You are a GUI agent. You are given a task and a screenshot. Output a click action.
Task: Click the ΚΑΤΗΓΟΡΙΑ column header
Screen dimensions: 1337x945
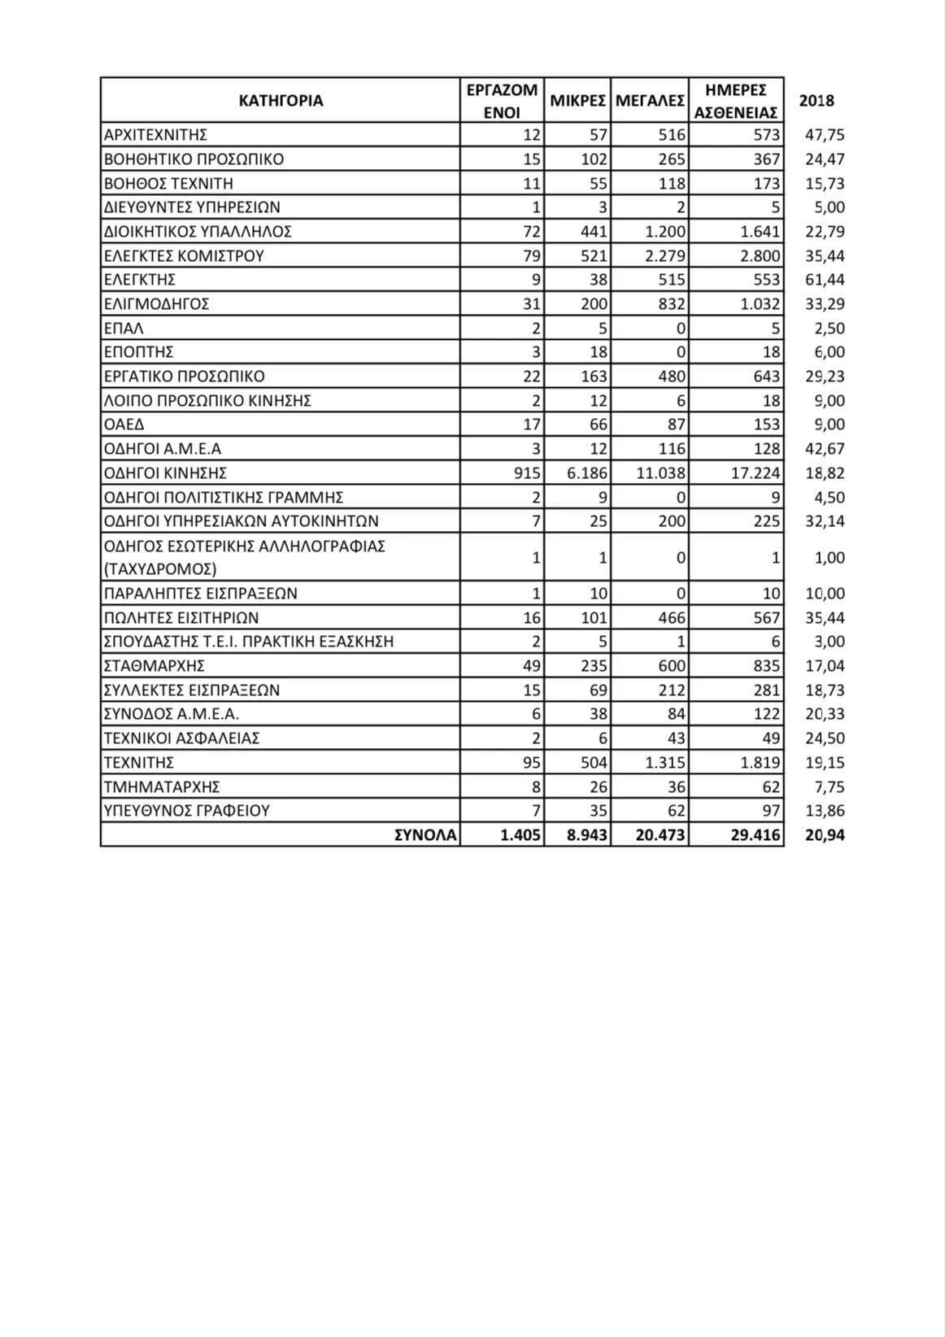pyautogui.click(x=281, y=101)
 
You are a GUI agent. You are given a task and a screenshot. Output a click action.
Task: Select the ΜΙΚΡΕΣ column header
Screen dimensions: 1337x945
pyautogui.click(x=577, y=101)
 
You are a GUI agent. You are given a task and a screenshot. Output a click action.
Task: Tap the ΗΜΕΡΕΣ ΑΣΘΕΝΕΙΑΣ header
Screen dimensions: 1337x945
pyautogui.click(x=736, y=101)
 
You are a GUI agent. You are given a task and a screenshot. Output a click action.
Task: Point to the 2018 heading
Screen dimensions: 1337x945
pyautogui.click(x=817, y=101)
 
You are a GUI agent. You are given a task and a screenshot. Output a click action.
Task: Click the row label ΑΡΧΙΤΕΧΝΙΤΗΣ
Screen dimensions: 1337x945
pyautogui.click(x=155, y=135)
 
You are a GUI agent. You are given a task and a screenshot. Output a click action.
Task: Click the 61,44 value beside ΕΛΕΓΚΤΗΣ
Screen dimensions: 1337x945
pyautogui.click(x=825, y=280)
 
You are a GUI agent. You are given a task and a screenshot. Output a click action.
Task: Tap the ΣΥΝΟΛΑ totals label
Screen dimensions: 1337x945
pyautogui.click(x=425, y=835)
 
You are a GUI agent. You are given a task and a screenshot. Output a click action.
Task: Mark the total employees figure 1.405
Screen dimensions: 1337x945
pyautogui.click(x=521, y=835)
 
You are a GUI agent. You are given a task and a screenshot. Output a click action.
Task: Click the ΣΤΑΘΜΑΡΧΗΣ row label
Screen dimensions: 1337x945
pyautogui.click(x=154, y=666)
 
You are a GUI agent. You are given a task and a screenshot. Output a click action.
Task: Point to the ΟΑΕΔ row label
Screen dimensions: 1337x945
pyautogui.click(x=124, y=425)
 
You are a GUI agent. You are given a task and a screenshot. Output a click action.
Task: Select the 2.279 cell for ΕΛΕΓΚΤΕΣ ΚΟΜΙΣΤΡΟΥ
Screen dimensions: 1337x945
pyautogui.click(x=665, y=256)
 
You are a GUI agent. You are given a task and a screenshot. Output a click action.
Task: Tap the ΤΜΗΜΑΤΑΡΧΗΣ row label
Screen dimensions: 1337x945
pyautogui.click(x=162, y=787)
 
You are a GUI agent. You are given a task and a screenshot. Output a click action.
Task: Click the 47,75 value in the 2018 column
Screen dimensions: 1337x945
pyautogui.click(x=825, y=135)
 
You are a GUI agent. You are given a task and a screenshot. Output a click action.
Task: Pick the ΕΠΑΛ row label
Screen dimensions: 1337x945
pyautogui.click(x=124, y=329)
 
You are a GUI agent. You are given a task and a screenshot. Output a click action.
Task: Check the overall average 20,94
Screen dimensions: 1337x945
pyautogui.click(x=825, y=835)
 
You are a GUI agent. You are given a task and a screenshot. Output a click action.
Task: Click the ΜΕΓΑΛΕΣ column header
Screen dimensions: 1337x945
pyautogui.click(x=650, y=101)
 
